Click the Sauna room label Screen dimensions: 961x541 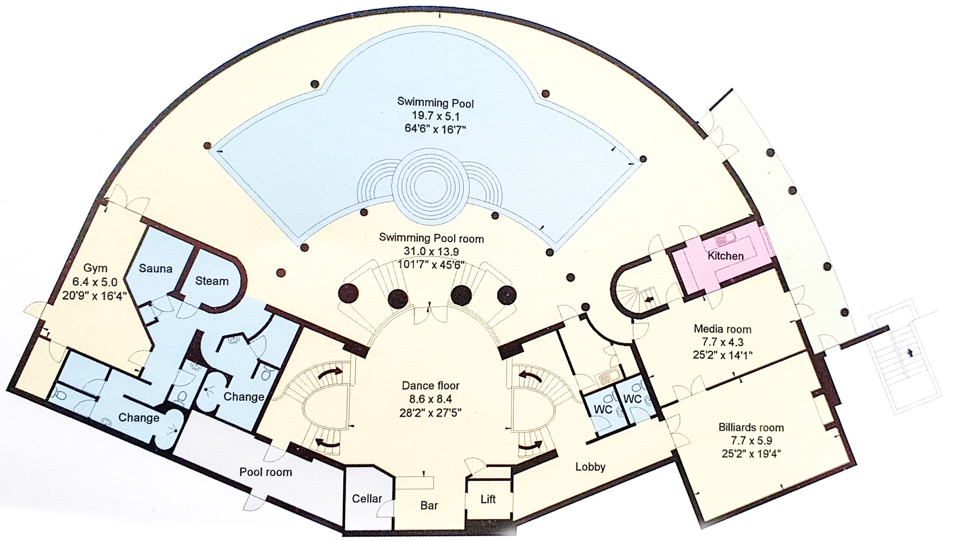155,269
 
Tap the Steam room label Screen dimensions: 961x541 212,281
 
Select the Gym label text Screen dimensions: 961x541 95,268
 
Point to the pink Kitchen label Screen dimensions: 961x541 725,256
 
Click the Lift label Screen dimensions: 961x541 488,499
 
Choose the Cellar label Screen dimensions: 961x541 367,498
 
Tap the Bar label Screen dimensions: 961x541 429,506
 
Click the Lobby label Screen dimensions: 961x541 590,466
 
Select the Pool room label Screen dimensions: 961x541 266,472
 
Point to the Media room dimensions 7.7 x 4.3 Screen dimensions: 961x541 723,342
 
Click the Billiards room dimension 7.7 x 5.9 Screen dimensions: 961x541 751,441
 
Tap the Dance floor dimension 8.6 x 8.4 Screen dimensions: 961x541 431,399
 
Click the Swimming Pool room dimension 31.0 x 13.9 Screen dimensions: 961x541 431,251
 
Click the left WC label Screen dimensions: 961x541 603,409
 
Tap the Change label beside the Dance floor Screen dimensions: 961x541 244,396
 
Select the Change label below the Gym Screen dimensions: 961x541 138,417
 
